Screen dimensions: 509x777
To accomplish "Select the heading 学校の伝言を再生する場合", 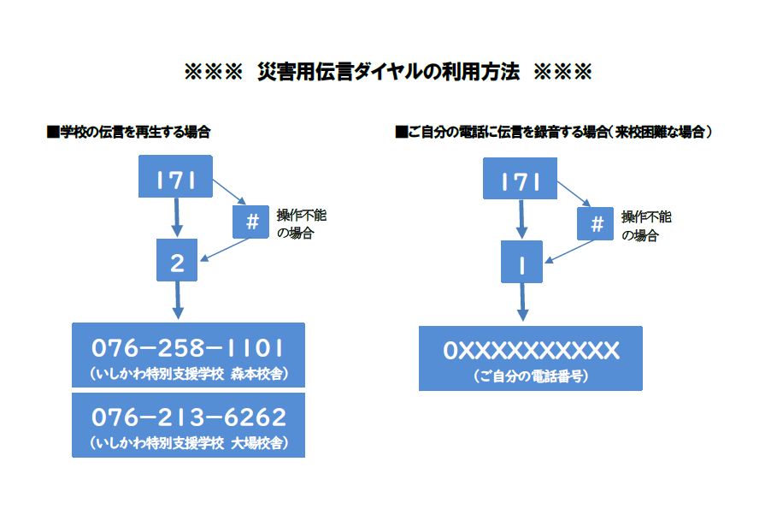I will tap(128, 133).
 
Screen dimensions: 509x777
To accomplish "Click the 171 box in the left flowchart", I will tap(176, 179).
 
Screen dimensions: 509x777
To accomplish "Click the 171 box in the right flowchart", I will tap(521, 181).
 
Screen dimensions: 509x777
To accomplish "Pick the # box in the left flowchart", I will tap(252, 222).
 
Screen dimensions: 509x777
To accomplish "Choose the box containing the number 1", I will tap(521, 263).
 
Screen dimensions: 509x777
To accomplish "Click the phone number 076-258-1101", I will tap(188, 348).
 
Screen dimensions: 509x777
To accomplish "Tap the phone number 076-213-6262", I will tap(188, 417).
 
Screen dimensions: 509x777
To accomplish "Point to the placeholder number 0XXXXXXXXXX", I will tap(530, 351).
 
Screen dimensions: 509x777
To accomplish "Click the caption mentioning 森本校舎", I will tap(188, 374).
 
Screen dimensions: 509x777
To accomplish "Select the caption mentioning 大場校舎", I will tap(188, 443).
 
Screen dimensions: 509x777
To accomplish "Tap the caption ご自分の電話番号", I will tap(530, 376).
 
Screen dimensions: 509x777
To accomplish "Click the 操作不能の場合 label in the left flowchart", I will tap(302, 223).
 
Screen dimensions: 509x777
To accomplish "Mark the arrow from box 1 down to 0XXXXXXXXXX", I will tap(522, 303).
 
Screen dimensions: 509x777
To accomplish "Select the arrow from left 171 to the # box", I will tap(228, 191).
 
